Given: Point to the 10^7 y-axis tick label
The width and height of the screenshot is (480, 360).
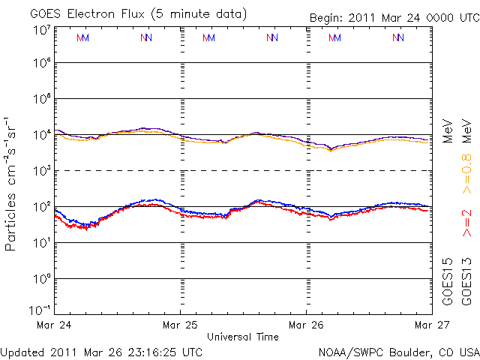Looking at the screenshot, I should coord(41,30).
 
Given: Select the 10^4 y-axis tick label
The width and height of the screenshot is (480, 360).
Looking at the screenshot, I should coord(41,135).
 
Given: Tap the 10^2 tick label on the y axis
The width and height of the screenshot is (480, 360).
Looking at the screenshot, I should coord(41,207).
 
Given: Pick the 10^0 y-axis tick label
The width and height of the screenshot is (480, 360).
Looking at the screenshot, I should coord(41,279).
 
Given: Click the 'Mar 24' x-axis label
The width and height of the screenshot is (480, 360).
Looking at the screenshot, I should coord(55,325).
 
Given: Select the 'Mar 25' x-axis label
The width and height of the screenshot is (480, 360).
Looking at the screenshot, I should coord(181,325).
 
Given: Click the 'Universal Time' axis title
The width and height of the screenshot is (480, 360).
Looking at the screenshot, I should coord(243,337).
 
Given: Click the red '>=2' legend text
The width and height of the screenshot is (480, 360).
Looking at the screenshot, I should coord(466,224).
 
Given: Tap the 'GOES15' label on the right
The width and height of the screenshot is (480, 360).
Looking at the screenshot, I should coord(447,281).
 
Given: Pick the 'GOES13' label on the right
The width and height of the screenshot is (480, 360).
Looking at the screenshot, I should coord(466,281).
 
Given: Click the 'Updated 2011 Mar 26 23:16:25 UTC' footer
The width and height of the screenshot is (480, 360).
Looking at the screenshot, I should coord(101,351).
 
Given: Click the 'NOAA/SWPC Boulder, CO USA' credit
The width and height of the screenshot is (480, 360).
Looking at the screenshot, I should coord(398,351).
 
